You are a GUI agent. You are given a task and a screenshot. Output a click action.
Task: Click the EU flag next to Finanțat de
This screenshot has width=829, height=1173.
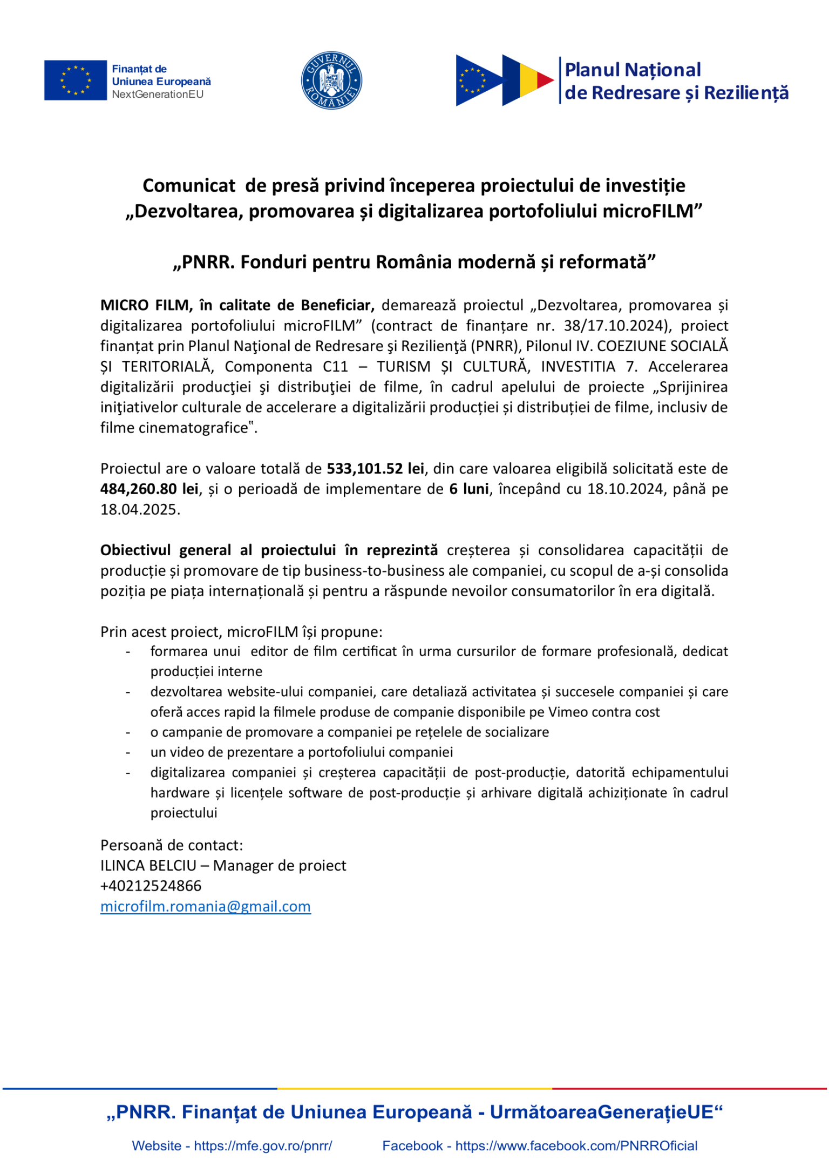(75, 80)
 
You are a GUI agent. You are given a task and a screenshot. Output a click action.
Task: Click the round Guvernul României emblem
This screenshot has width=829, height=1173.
(331, 81)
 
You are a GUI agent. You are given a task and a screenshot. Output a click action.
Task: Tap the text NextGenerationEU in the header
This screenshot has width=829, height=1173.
(157, 95)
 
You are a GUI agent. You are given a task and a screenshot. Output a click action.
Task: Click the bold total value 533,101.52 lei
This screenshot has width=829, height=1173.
(375, 469)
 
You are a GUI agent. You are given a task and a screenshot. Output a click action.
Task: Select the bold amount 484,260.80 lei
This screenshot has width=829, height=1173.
(149, 489)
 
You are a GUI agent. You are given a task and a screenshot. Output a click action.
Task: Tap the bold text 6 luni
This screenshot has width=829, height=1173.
(468, 489)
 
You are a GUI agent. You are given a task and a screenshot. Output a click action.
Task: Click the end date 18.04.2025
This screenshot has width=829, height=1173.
(139, 510)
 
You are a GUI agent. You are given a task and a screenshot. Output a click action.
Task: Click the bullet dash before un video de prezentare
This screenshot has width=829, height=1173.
(128, 753)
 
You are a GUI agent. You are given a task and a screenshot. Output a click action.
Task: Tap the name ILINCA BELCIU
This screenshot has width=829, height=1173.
(148, 866)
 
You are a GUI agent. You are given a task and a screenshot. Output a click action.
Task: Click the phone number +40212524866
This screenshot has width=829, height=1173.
(151, 886)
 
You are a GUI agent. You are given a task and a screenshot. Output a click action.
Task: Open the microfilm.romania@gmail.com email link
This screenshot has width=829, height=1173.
(205, 907)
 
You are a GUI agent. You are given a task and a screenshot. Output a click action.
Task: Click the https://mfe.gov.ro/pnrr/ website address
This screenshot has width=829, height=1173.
(263, 1146)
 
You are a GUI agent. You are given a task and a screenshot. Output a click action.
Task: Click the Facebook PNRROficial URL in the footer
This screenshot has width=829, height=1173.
(576, 1146)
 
